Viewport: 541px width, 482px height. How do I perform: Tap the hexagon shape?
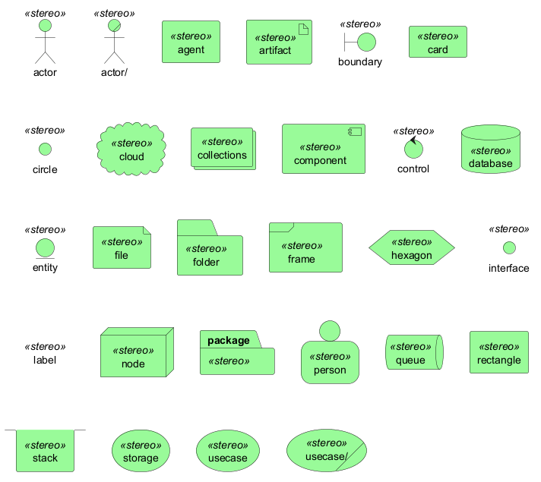click(411, 248)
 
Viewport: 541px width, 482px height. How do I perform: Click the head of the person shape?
click(330, 330)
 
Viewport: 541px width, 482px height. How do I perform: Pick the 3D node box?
click(135, 354)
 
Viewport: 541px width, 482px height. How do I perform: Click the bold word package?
click(228, 340)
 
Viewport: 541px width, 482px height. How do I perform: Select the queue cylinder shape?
click(413, 353)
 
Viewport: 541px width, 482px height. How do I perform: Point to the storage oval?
click(141, 451)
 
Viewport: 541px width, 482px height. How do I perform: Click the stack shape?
click(45, 451)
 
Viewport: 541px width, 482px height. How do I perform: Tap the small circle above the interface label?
click(509, 247)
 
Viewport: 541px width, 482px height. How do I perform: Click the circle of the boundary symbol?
click(366, 43)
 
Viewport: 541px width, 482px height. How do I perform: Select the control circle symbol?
click(413, 149)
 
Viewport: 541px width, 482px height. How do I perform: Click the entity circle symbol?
click(45, 247)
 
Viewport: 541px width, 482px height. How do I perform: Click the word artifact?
click(270, 50)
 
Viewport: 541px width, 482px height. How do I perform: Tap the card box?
click(438, 42)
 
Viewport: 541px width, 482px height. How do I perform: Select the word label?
click(45, 360)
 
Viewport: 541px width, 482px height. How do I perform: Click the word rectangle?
click(498, 360)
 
